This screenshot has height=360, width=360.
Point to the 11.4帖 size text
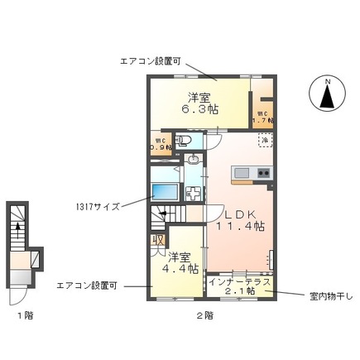point(240,225)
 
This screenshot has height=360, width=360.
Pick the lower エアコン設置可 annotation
point(87,286)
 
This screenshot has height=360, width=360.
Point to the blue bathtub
point(167,189)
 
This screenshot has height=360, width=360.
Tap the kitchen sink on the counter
point(242,172)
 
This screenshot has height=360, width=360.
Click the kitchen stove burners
point(264,172)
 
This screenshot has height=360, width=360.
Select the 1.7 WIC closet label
point(262,117)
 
